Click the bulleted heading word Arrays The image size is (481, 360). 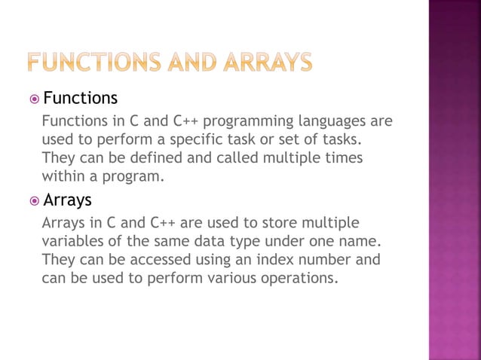point(68,200)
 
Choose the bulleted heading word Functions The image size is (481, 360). point(81,99)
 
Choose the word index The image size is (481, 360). point(270,259)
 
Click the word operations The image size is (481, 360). point(298,278)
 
